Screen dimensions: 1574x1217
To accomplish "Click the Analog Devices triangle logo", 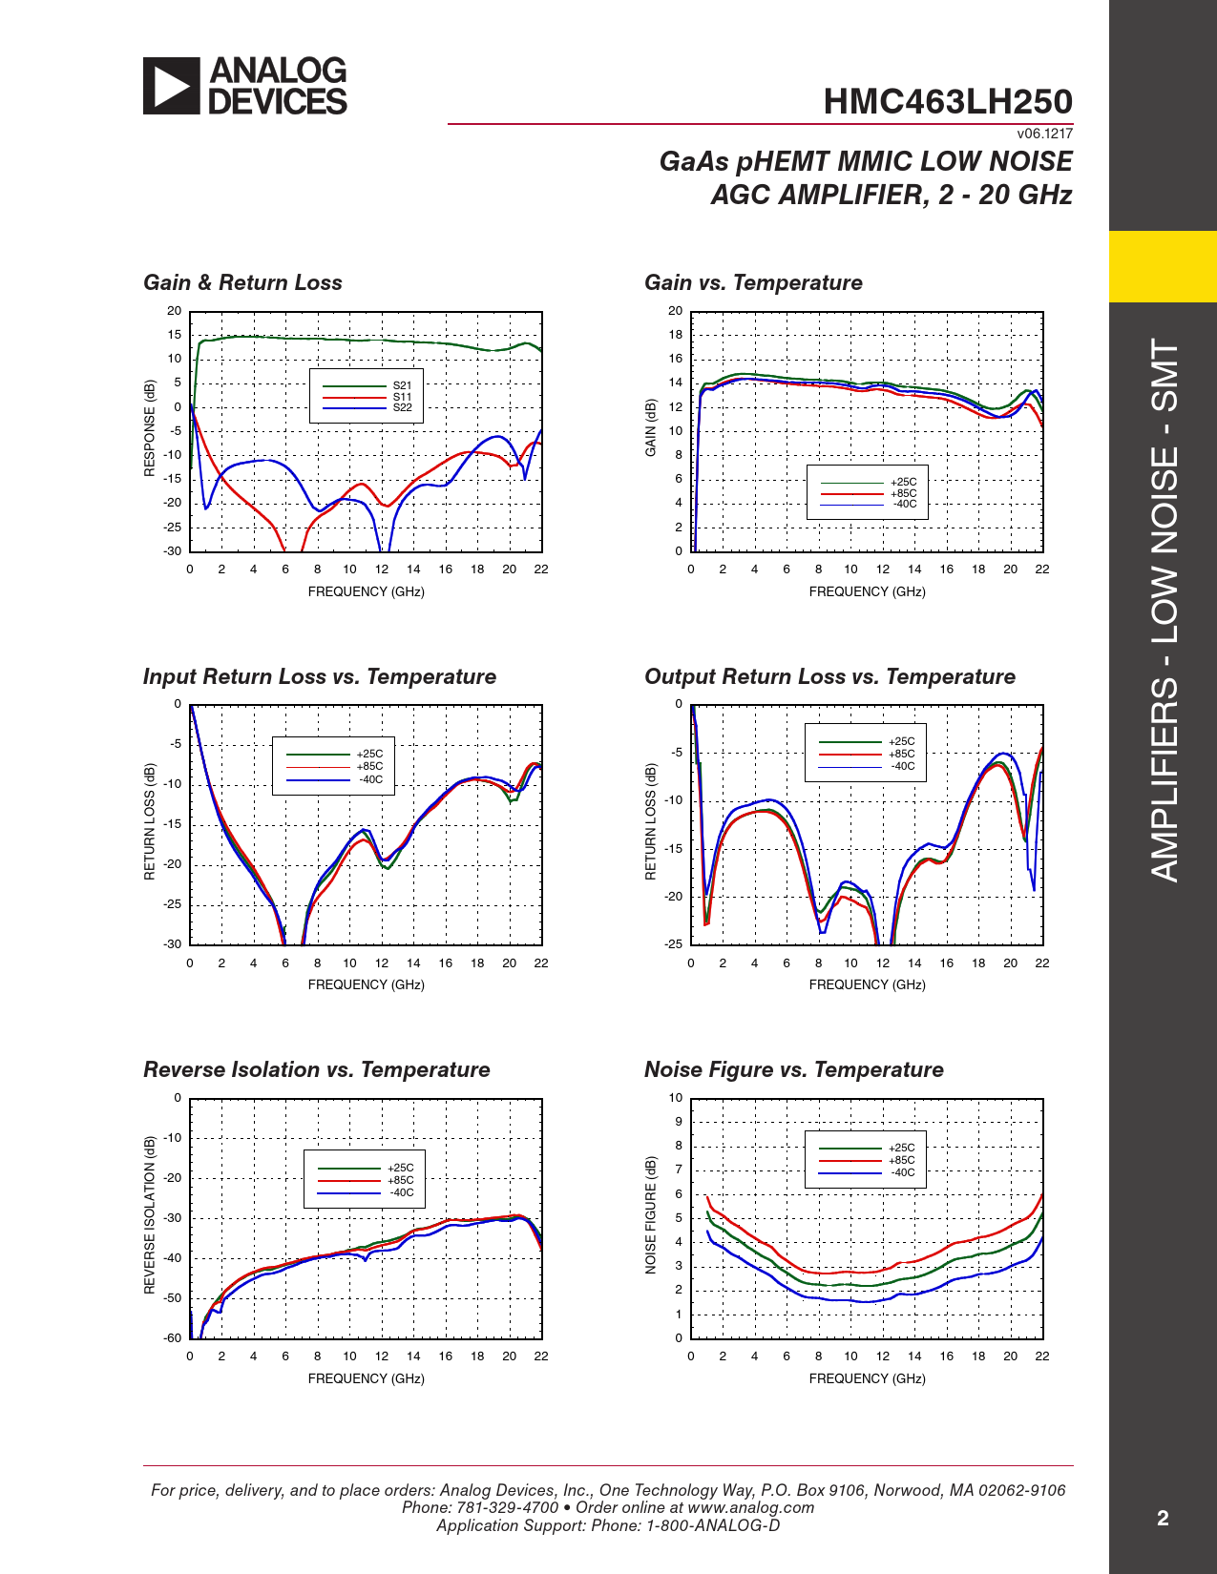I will (x=172, y=86).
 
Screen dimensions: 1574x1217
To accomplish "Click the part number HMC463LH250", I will (x=947, y=102).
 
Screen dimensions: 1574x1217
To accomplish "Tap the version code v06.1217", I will (x=1044, y=135).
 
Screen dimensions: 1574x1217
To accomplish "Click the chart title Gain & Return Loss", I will (x=242, y=283).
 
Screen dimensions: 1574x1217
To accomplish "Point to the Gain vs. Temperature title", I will (x=753, y=283).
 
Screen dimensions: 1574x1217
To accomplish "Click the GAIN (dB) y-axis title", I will (x=651, y=427).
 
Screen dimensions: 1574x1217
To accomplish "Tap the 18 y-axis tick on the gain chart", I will (x=676, y=335).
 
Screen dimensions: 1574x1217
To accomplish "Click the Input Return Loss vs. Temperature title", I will (x=320, y=677).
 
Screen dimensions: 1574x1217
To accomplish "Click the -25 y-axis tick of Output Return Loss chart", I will (x=674, y=944).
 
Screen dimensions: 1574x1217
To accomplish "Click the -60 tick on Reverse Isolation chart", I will (x=172, y=1338).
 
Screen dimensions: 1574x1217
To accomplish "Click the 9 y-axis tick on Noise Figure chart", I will (x=679, y=1122).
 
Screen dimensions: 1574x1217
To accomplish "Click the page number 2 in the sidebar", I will (x=1163, y=1519).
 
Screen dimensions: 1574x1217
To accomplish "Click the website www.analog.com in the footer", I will (x=750, y=1508).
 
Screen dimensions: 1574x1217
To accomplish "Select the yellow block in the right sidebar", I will (x=1163, y=266).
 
